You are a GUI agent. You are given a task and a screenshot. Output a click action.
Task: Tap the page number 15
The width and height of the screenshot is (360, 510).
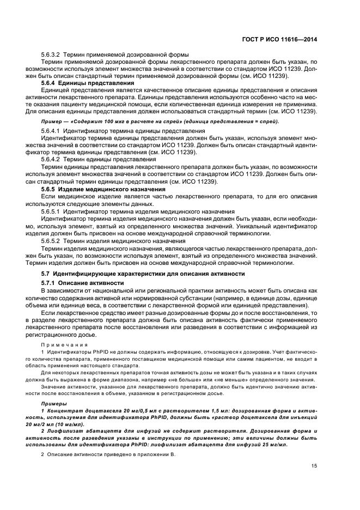(x=314, y=465)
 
